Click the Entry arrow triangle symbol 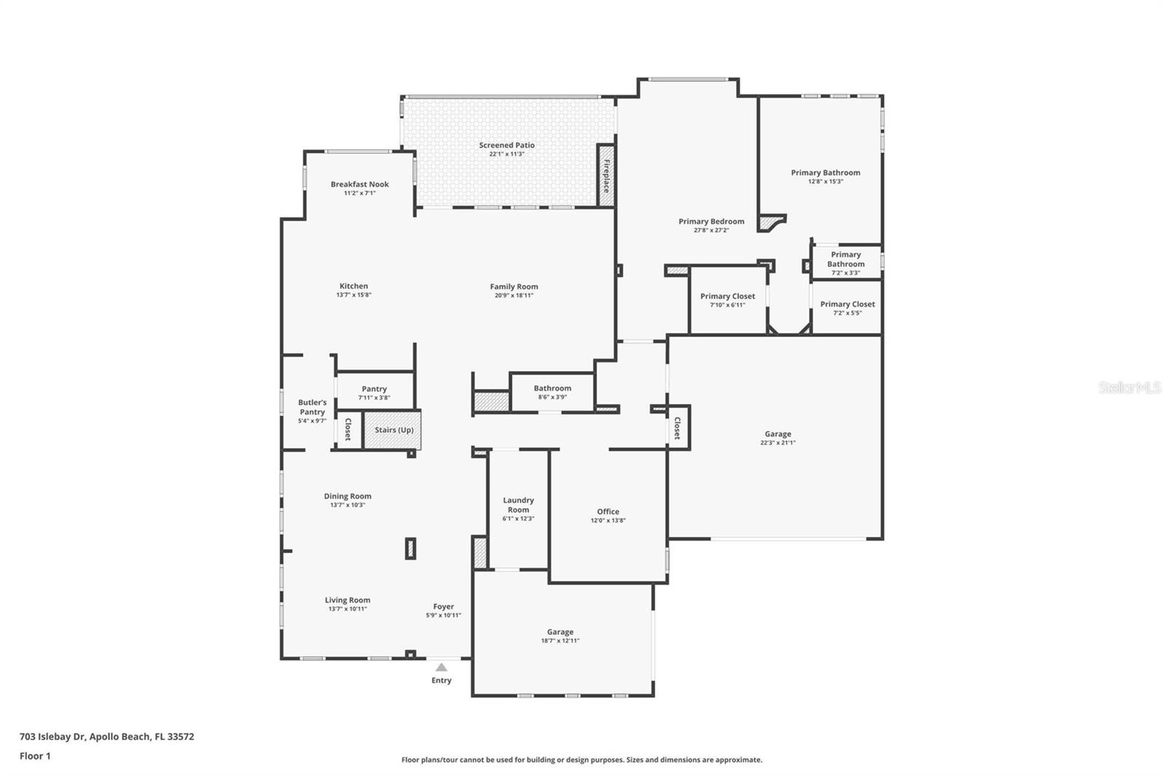pyautogui.click(x=442, y=667)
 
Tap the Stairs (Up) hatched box pyautogui.click(x=393, y=430)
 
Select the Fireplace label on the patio pyautogui.click(x=606, y=175)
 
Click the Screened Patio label pyautogui.click(x=506, y=145)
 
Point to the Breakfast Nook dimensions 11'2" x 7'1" pyautogui.click(x=359, y=193)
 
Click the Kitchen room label pyautogui.click(x=354, y=286)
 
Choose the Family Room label pyautogui.click(x=514, y=286)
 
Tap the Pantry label pyautogui.click(x=374, y=389)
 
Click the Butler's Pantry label pyautogui.click(x=312, y=407)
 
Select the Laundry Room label pyautogui.click(x=518, y=505)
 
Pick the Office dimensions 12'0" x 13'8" pyautogui.click(x=608, y=521)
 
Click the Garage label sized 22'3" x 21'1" pyautogui.click(x=778, y=434)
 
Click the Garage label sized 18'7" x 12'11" pyautogui.click(x=560, y=632)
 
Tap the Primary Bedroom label pyautogui.click(x=711, y=221)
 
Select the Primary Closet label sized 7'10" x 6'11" pyautogui.click(x=727, y=296)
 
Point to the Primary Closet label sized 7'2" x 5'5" pyautogui.click(x=848, y=304)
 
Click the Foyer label pyautogui.click(x=443, y=606)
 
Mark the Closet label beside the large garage pyautogui.click(x=677, y=428)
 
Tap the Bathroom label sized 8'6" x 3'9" pyautogui.click(x=552, y=388)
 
